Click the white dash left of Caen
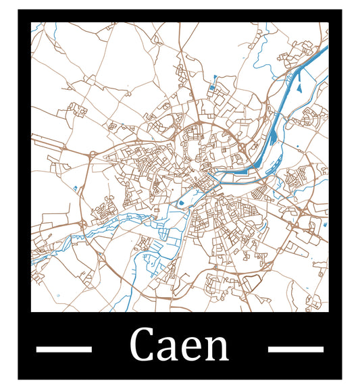coord(63,348)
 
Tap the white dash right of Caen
coord(296,348)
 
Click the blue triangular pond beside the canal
coord(298,86)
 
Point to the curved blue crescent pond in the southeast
coord(311,295)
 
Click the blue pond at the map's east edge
coord(326,224)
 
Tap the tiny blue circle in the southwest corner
coord(58,296)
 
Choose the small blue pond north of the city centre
coord(213,87)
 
